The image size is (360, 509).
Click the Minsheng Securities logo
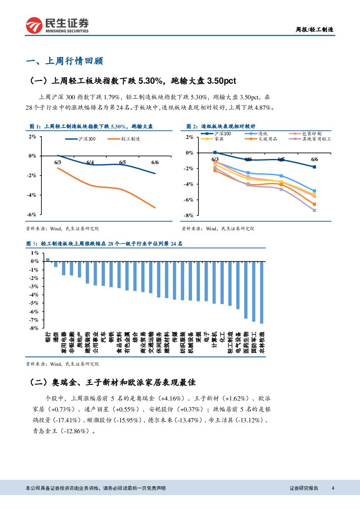(57, 25)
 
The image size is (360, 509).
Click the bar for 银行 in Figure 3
(48, 260)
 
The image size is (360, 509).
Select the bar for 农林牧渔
(262, 292)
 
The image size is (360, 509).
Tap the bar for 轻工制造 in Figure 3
(230, 283)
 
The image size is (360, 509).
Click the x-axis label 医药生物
(246, 342)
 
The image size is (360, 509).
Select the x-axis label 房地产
(80, 340)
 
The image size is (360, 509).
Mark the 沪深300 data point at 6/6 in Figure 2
(314, 167)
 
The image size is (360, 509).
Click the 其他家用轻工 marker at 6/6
(314, 210)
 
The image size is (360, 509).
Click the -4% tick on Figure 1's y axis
(32, 195)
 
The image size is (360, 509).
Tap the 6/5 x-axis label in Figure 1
(122, 163)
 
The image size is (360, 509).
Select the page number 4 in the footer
(333, 488)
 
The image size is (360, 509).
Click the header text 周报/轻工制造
(315, 30)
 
